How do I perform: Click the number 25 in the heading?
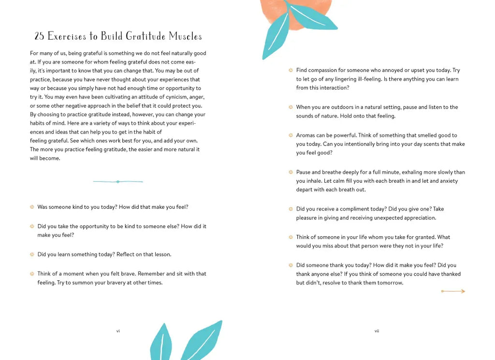39,36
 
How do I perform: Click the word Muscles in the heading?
186,36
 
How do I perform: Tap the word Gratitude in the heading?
145,36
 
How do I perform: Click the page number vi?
118,331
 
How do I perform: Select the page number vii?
377,331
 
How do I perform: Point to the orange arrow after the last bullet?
453,291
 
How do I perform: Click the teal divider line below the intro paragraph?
118,182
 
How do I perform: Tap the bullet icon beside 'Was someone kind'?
32,207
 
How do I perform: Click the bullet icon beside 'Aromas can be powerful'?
291,135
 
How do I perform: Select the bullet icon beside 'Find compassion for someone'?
291,70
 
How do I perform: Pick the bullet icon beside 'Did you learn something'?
32,254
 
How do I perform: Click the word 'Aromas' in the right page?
306,135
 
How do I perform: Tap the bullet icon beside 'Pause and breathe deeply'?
291,172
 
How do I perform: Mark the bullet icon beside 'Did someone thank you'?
291,265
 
